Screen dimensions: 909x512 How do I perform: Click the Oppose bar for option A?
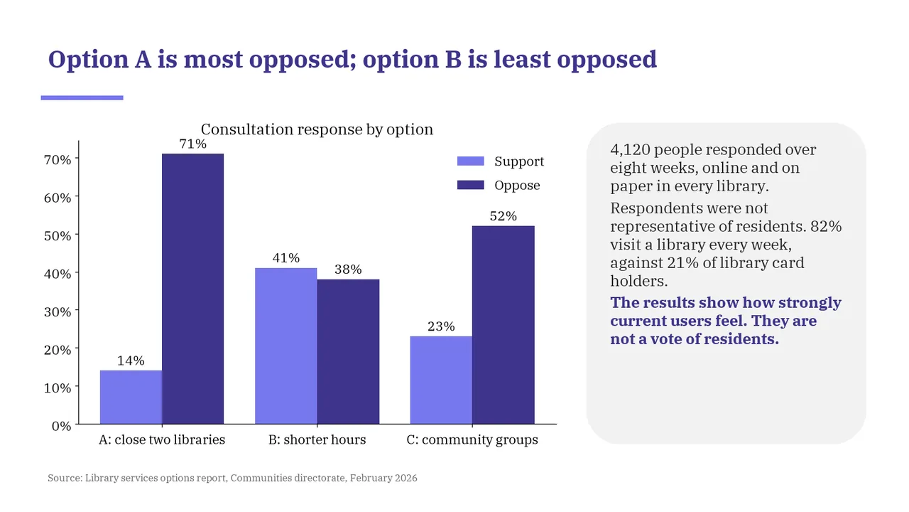coord(192,289)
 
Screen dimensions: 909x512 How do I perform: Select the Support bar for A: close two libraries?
coord(131,398)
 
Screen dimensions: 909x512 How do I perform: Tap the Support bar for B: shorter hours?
coord(285,346)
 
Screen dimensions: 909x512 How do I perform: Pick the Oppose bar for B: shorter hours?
coord(348,352)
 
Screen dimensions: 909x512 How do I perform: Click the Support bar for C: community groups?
coord(441,380)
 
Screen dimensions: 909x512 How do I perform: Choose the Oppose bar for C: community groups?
coord(504,325)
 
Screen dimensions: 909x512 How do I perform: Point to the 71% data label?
coord(192,144)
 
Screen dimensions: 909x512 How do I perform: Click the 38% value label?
coord(348,270)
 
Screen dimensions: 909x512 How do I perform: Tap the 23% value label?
coord(441,326)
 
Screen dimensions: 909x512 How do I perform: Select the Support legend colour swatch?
coord(471,161)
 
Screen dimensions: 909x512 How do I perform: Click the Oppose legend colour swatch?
coord(471,186)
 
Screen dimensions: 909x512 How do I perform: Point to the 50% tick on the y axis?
coord(58,235)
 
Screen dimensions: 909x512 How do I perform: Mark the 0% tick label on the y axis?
coord(61,426)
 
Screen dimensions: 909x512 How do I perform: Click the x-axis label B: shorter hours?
coord(317,439)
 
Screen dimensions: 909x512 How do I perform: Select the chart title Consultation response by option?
coord(317,129)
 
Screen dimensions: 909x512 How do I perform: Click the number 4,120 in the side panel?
coord(630,150)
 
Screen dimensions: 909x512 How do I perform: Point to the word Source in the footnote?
coord(65,478)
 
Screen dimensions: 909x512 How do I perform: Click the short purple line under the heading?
coord(82,98)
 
